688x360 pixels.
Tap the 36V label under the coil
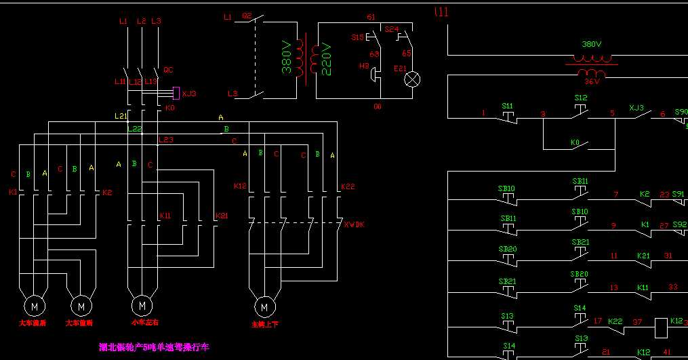(x=592, y=81)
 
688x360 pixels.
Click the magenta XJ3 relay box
(x=176, y=92)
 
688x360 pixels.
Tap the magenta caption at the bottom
(x=155, y=347)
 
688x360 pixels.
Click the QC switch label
(x=169, y=70)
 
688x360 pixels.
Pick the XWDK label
(x=354, y=224)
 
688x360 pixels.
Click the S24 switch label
(x=392, y=30)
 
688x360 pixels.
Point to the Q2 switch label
(x=247, y=16)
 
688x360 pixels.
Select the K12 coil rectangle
(x=661, y=328)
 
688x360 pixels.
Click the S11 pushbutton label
(x=507, y=106)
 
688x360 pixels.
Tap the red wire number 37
(x=637, y=322)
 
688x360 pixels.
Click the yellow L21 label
(x=121, y=116)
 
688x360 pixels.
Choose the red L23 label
(x=166, y=140)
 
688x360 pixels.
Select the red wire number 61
(x=371, y=17)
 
